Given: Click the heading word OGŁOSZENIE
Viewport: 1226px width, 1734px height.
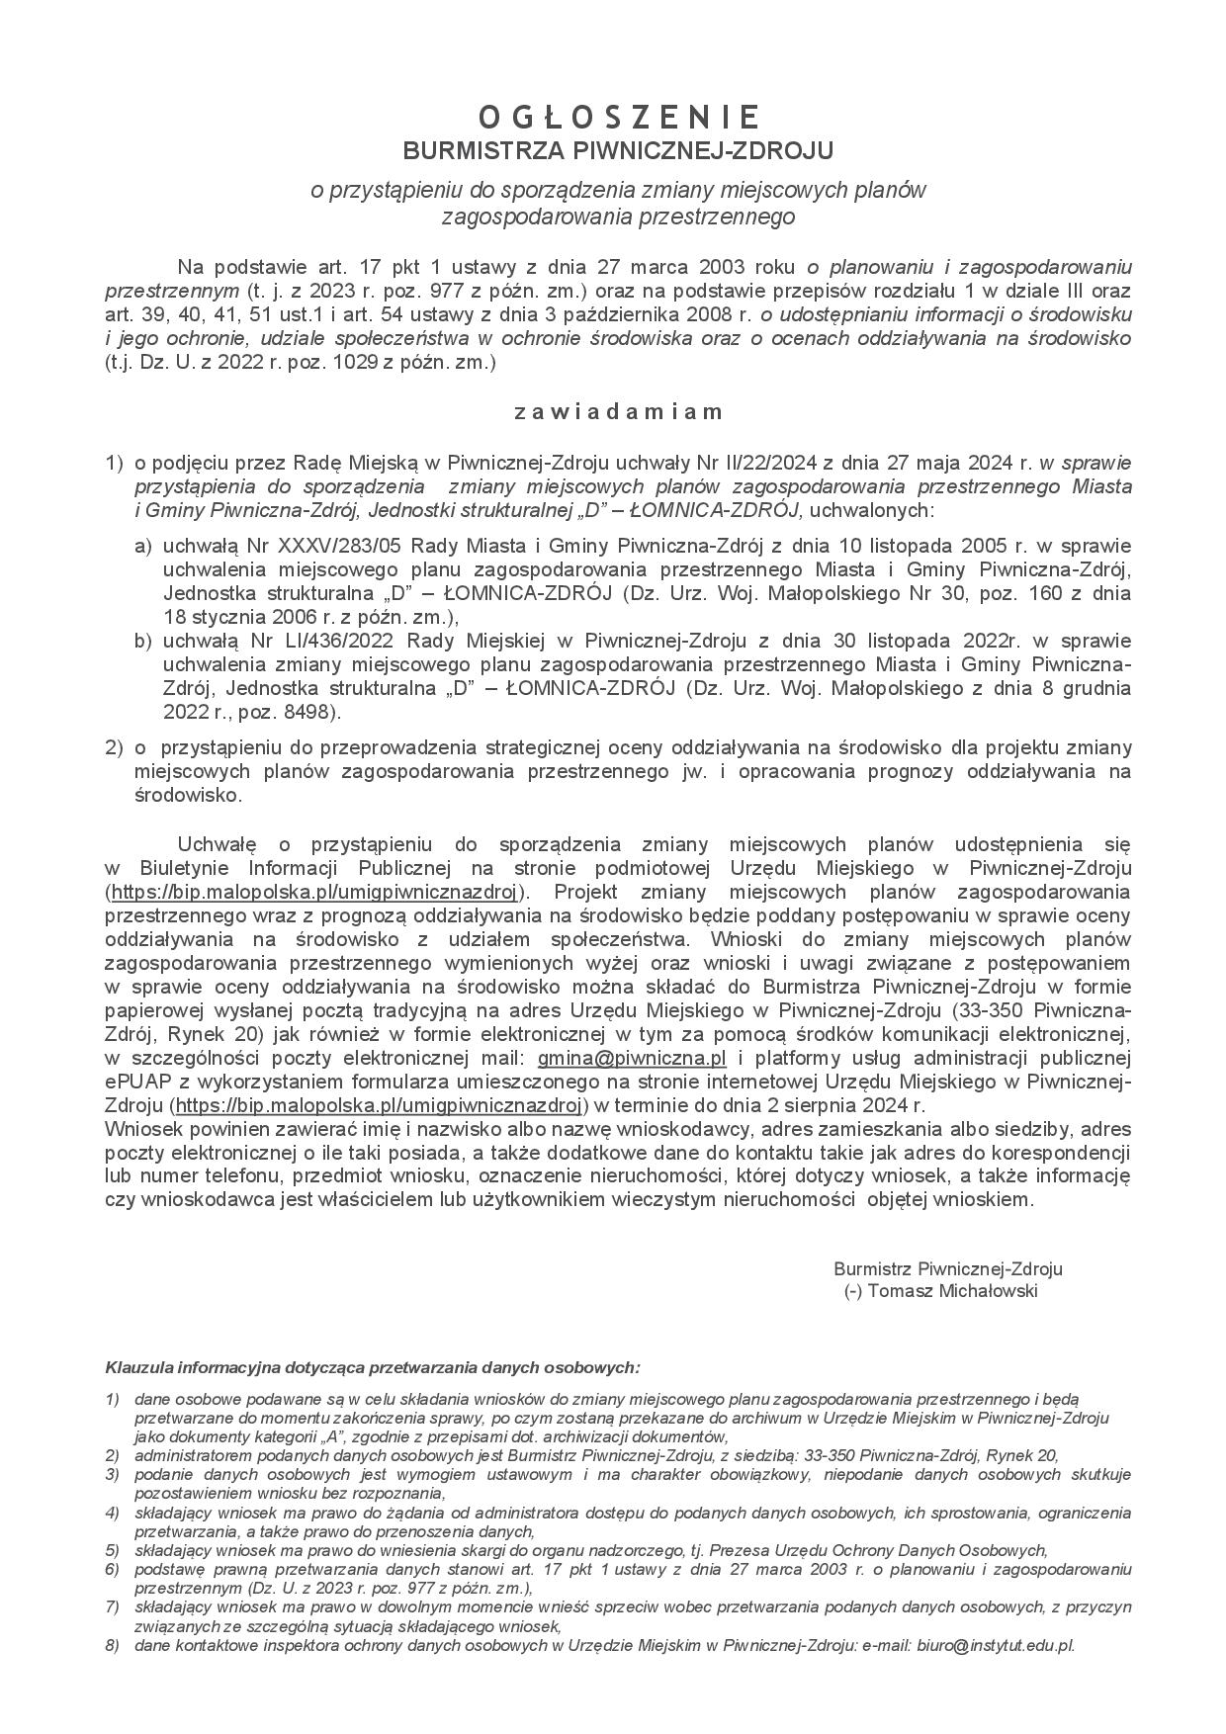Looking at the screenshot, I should (619, 118).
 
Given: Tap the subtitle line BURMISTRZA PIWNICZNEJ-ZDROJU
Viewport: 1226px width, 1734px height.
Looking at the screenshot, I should (619, 150).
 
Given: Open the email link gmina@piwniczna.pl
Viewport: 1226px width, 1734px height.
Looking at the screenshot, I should (632, 1058).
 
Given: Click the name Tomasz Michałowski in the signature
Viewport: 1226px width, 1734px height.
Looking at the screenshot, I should (952, 1291).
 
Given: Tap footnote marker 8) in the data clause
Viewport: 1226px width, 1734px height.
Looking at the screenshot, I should (113, 1646).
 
